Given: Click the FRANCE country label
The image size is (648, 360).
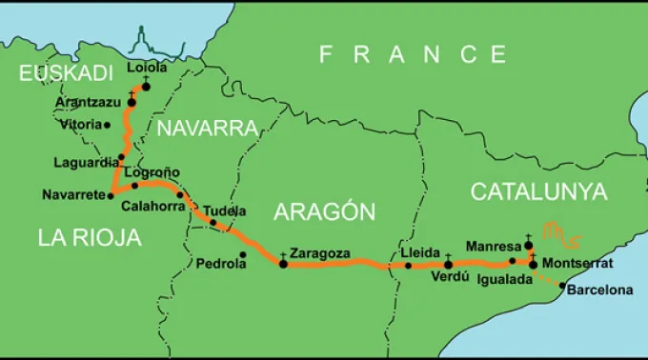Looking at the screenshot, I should pos(413,54).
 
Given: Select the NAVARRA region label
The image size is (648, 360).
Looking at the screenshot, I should pos(208,129).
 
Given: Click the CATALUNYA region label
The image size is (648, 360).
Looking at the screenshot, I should pos(538,191).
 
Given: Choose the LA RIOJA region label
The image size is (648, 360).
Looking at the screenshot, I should pos(90,238).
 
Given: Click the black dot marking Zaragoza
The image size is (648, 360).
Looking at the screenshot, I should pos(283,263).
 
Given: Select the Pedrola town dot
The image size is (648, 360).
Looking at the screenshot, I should pos(243,253).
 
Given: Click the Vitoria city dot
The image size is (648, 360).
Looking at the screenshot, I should pos(108,124).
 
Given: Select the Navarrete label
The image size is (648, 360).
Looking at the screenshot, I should pos(74,195).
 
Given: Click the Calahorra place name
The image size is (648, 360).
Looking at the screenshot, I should pos(153,206).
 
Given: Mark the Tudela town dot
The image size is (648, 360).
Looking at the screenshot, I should pos(213,223).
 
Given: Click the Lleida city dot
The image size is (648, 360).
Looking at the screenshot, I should pos(408,265).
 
